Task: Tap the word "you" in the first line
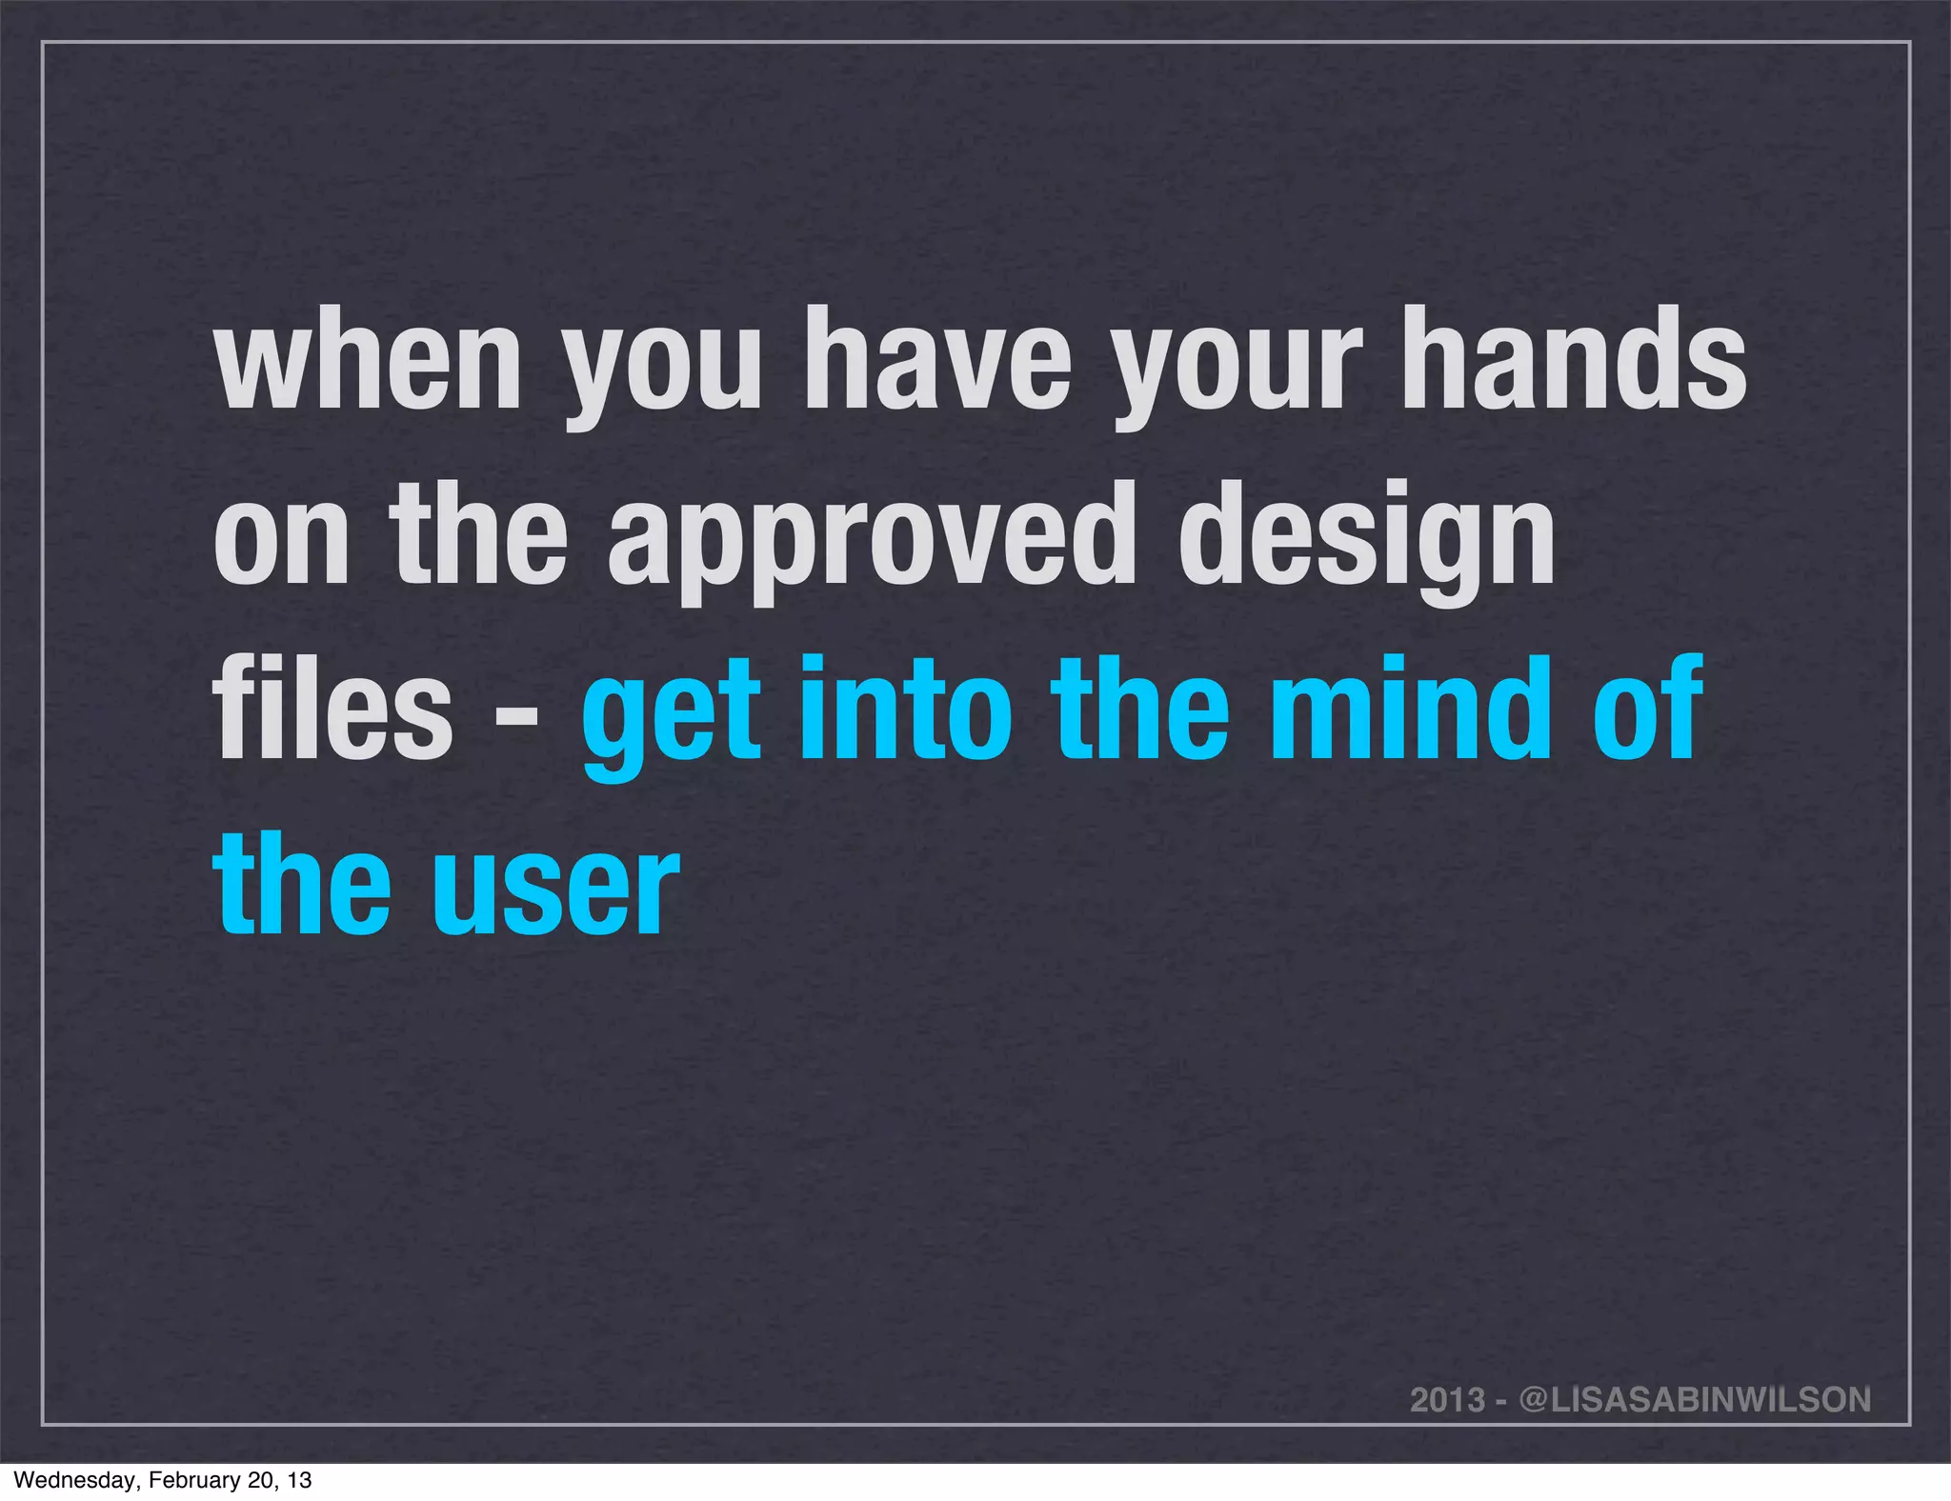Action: [663, 367]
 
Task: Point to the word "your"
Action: [1239, 367]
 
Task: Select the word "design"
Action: [1366, 538]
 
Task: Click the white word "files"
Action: [332, 710]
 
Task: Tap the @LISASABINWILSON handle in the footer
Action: [1695, 1399]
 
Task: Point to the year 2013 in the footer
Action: [1447, 1399]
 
